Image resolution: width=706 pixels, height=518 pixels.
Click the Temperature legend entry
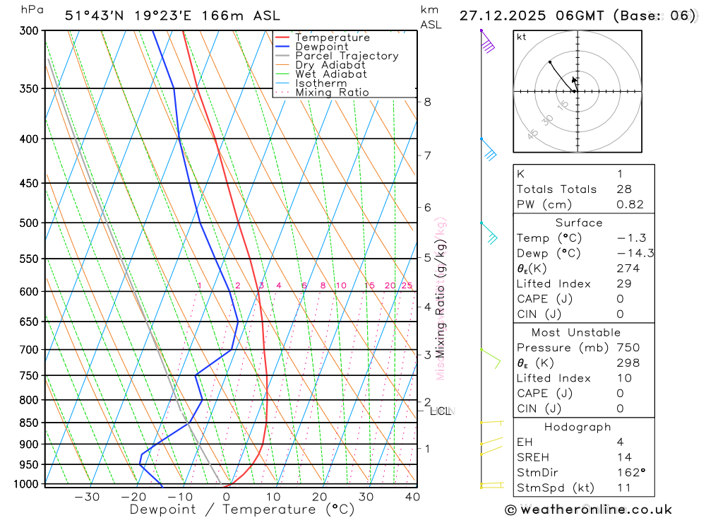pos(332,37)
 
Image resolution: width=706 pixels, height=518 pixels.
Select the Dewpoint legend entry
pos(321,47)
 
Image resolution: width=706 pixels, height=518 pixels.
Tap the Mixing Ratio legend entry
pos(332,93)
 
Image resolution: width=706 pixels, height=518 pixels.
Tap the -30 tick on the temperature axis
pos(87,497)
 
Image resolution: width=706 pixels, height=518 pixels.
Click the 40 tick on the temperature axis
pos(412,497)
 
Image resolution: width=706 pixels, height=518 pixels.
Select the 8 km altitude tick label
pos(428,102)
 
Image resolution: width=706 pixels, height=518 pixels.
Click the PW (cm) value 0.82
pos(630,205)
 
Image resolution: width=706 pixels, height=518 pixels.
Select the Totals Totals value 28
pos(623,189)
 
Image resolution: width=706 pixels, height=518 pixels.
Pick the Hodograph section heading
pos(578,428)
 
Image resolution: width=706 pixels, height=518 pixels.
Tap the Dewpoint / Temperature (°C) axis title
pos(242,510)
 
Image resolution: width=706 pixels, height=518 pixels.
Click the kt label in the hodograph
pos(522,37)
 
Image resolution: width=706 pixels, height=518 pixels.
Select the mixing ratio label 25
pos(407,286)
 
